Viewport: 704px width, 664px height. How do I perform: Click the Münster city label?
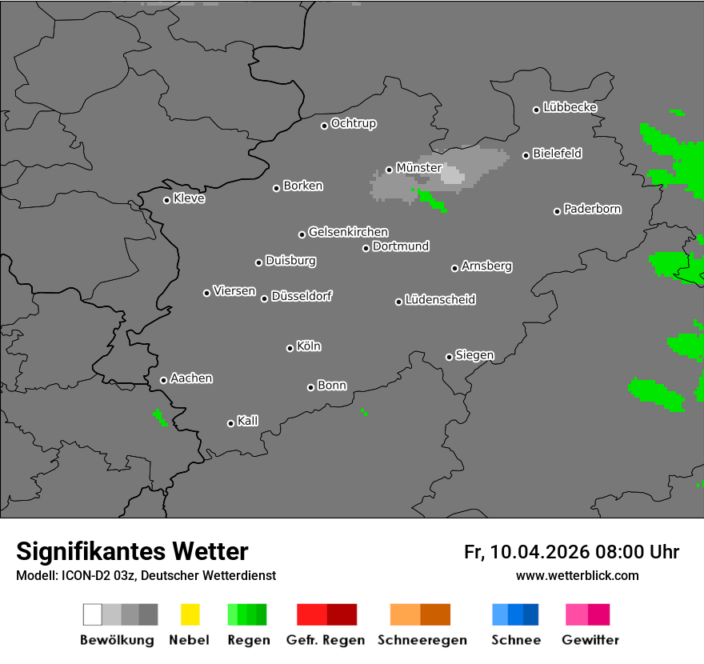pos(418,168)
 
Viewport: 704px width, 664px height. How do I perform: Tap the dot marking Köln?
pos(290,348)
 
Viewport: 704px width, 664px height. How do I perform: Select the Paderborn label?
pos(592,209)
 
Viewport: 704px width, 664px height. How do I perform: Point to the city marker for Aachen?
pos(163,380)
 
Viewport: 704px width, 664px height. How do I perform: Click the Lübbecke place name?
pos(570,107)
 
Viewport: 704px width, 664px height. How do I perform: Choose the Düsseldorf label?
pos(301,296)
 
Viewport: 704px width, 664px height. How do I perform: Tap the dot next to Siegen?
pos(449,357)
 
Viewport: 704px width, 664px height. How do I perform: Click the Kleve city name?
pos(189,198)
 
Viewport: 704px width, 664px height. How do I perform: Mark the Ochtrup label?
pos(353,123)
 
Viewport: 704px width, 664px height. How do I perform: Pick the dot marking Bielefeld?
pos(526,155)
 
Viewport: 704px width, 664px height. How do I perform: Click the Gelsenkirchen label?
pos(348,232)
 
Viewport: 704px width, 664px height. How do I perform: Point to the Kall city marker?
pos(230,423)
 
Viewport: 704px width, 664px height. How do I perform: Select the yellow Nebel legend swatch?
pos(190,614)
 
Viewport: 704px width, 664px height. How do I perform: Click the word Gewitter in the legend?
pos(590,640)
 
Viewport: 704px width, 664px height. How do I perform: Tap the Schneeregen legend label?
pos(422,640)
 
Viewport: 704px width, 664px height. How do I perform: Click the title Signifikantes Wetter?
pos(132,551)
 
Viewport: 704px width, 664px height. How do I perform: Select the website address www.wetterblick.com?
pos(577,575)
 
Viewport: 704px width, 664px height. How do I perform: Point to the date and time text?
pos(571,552)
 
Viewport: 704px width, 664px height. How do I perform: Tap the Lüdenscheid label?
pos(440,300)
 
